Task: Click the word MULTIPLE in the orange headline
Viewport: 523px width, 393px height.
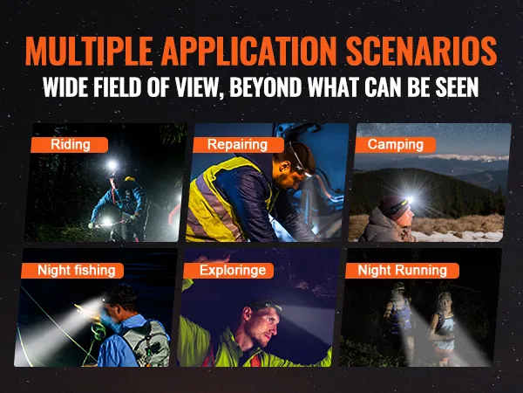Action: click(89, 51)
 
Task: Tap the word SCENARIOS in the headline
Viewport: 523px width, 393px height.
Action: click(422, 51)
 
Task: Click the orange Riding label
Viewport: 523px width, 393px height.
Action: click(70, 145)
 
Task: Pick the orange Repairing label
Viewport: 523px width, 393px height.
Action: click(238, 145)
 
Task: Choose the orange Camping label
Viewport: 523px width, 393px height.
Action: click(395, 145)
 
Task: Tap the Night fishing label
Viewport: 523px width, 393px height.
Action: click(72, 271)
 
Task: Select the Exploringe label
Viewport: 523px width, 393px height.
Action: click(228, 271)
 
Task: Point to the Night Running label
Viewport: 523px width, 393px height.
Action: click(402, 271)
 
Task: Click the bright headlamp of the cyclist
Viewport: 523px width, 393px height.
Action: click(112, 165)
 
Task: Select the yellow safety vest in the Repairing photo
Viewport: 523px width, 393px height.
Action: click(221, 201)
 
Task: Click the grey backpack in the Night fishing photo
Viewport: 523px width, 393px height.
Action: click(147, 341)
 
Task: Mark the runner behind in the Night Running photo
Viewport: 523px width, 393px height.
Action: click(398, 318)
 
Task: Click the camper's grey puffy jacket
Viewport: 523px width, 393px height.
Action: click(384, 227)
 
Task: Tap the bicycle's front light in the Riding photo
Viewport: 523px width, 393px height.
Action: click(106, 221)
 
